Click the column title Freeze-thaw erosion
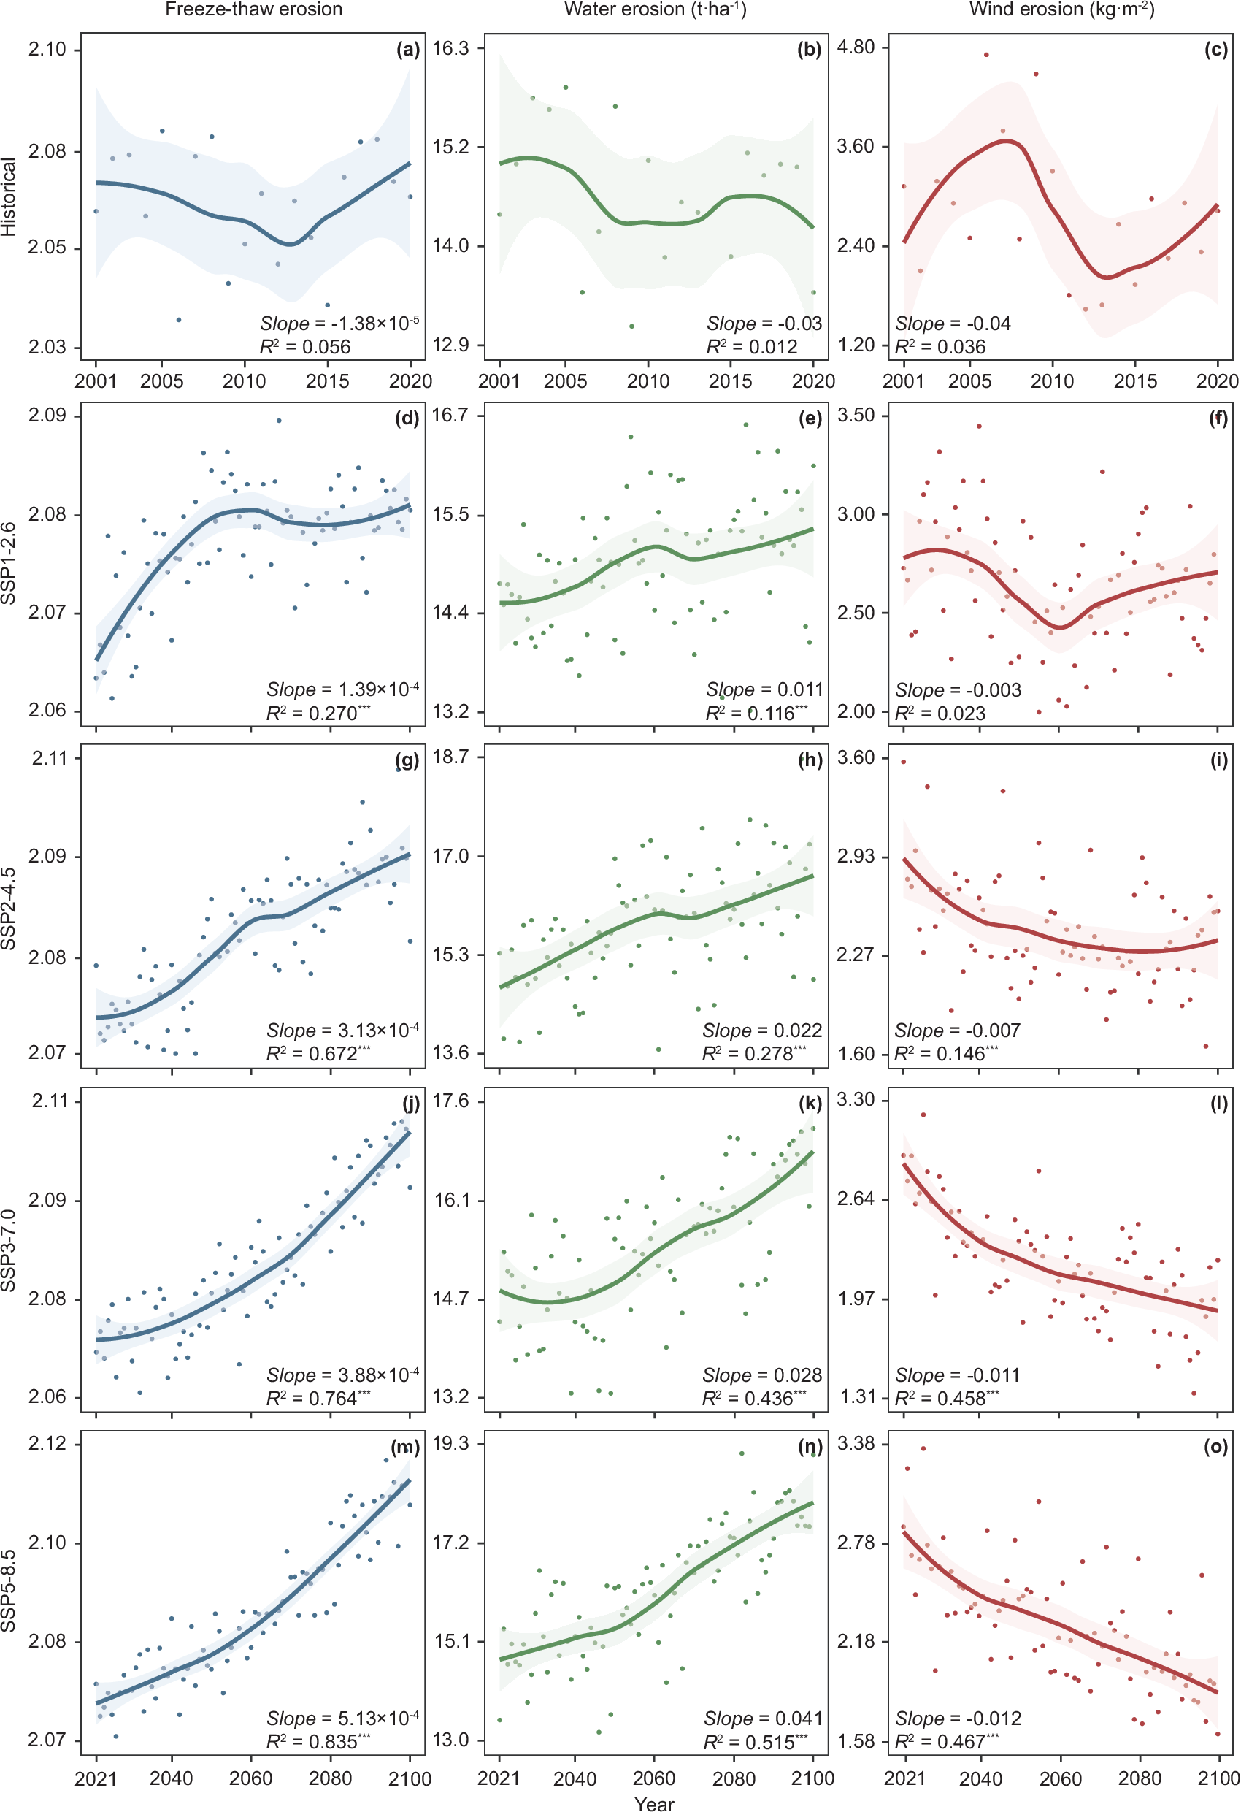pyautogui.click(x=253, y=9)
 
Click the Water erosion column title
pyautogui.click(x=655, y=9)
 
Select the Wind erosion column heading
pyautogui.click(x=1061, y=9)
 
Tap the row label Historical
pyautogui.click(x=9, y=196)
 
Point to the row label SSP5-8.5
pyautogui.click(x=9, y=1591)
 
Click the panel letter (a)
pyautogui.click(x=407, y=50)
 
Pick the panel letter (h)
pyautogui.click(x=810, y=760)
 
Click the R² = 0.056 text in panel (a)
pyautogui.click(x=305, y=346)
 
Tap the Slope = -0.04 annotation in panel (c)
pyautogui.click(x=953, y=323)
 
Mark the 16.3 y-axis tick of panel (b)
pyautogui.click(x=450, y=48)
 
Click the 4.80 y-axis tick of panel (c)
pyautogui.click(x=856, y=47)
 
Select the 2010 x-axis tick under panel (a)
pyautogui.click(x=244, y=381)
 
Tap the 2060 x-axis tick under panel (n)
pyautogui.click(x=653, y=1778)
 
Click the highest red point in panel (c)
pyautogui.click(x=986, y=55)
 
